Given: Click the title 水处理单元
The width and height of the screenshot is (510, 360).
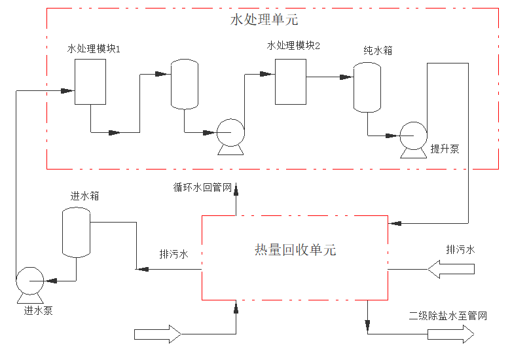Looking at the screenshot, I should pyautogui.click(x=264, y=20).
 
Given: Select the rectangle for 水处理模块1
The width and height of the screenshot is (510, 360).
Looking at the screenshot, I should pyautogui.click(x=90, y=82).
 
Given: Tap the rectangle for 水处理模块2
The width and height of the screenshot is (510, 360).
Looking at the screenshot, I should pyautogui.click(x=290, y=81).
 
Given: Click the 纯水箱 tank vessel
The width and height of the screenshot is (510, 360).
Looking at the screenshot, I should pyautogui.click(x=367, y=87).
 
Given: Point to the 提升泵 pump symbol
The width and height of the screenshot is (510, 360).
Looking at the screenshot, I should pyautogui.click(x=413, y=135).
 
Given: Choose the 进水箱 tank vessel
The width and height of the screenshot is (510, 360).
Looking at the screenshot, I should pyautogui.click(x=76, y=232).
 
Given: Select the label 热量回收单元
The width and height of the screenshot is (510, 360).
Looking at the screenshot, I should pyautogui.click(x=295, y=250).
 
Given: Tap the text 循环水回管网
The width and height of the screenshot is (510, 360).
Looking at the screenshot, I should pyautogui.click(x=202, y=188).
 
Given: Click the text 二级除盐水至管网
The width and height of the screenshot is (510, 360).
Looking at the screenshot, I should pyautogui.click(x=448, y=316).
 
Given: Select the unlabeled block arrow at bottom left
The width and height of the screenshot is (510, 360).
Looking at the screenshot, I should pyautogui.click(x=157, y=334).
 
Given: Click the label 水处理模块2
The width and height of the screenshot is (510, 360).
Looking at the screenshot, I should pyautogui.click(x=293, y=45).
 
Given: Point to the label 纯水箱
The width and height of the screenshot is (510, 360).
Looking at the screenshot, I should pyautogui.click(x=378, y=50).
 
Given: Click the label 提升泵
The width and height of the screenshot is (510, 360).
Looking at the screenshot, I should pyautogui.click(x=445, y=149).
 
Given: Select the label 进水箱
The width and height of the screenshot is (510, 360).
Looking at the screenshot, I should pyautogui.click(x=84, y=196).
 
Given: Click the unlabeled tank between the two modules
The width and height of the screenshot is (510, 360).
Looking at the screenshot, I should pyautogui.click(x=185, y=84).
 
